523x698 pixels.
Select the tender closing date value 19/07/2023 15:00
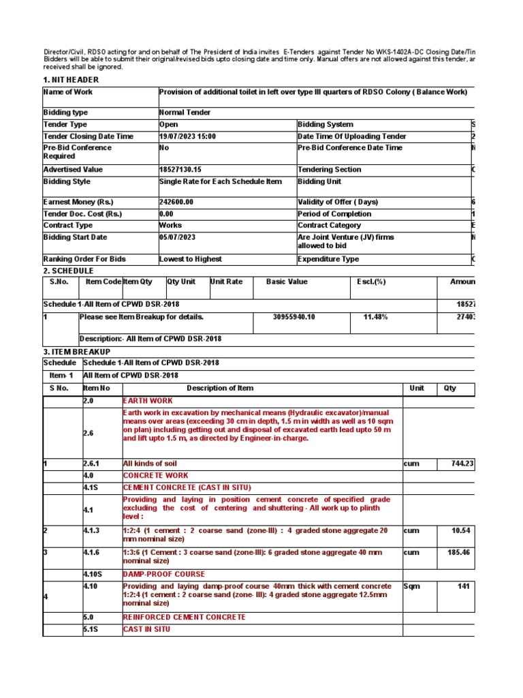187,136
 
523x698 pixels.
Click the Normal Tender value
185,112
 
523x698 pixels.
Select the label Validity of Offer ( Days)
338,202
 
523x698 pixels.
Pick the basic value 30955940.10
296,317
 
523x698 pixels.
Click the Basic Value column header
287,282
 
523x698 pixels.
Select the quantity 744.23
456,464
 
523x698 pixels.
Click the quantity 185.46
456,552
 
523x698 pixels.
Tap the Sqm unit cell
412,586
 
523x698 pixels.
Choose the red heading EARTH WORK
148,401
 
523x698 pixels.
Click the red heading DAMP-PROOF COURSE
163,574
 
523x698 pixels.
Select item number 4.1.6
93,552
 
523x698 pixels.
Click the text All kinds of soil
149,464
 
